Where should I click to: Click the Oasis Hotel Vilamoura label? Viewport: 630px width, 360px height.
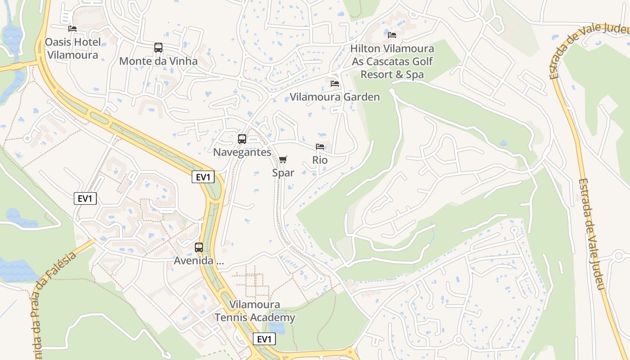coord(72,49)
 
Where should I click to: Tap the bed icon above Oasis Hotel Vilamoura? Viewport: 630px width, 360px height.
coord(72,29)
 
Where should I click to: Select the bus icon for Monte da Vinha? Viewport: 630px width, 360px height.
coord(158,48)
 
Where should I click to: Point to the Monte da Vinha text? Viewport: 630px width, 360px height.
coord(158,61)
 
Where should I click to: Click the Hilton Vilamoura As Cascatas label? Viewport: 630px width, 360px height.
coord(392,61)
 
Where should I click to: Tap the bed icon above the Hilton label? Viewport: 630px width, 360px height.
coord(392,35)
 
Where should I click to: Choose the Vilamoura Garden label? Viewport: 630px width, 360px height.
coord(334,97)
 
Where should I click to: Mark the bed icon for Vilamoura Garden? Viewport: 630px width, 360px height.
coord(334,84)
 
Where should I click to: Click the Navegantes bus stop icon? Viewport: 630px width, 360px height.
coord(242,139)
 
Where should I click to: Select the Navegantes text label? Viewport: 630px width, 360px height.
coord(242,152)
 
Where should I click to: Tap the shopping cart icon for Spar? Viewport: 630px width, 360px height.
coord(283,159)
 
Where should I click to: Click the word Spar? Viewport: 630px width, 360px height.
coord(283,173)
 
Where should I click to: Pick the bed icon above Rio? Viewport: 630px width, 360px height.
coord(320,147)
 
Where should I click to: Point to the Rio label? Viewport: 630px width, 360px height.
coord(320,160)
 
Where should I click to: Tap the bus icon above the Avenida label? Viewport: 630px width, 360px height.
coord(199,247)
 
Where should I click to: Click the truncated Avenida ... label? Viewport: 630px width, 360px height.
coord(199,261)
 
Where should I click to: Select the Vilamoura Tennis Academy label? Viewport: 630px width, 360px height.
coord(255,311)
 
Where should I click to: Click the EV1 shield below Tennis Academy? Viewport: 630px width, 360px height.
coord(264,339)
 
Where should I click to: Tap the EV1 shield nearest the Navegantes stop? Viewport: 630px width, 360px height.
coord(203,177)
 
